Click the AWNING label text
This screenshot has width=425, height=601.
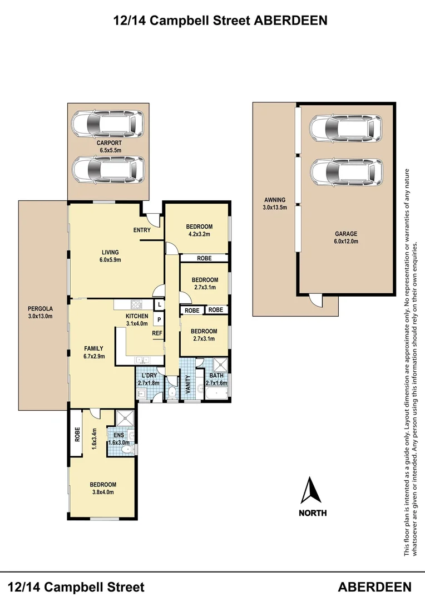(x=274, y=204)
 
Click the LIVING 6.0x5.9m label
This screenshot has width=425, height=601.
(x=110, y=256)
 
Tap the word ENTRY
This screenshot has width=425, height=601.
(x=142, y=230)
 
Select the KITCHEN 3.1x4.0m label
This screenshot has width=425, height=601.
(x=136, y=319)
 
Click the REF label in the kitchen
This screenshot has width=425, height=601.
(x=157, y=333)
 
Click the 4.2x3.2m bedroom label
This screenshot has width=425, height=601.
(x=199, y=230)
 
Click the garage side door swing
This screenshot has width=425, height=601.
(x=316, y=300)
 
